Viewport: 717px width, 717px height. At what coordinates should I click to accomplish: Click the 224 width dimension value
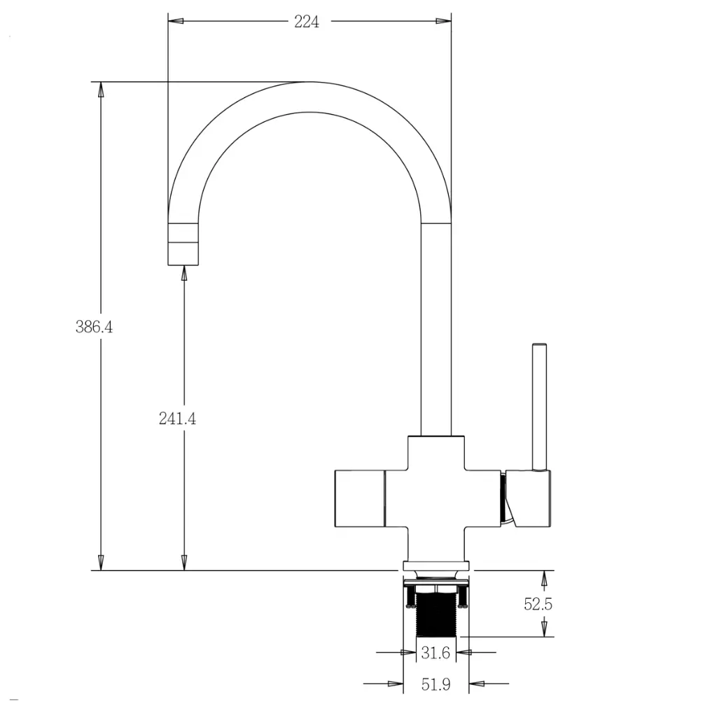point(307,22)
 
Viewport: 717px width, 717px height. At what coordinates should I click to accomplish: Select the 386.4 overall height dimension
point(94,326)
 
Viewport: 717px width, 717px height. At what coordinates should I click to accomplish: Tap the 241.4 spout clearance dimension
point(177,418)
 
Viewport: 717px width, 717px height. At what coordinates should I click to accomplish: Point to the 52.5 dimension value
point(538,604)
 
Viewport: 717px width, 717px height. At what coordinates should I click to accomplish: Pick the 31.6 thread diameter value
point(436,653)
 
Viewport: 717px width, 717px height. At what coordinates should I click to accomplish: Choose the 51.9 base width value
point(436,685)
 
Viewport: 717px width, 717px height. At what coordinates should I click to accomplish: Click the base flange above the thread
point(436,566)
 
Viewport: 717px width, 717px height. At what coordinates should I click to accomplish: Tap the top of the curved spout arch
point(308,96)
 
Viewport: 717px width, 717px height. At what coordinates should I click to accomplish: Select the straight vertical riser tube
point(436,329)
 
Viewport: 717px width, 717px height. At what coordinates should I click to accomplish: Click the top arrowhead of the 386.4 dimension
point(101,89)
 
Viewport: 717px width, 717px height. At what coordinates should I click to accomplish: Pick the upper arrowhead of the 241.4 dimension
point(184,273)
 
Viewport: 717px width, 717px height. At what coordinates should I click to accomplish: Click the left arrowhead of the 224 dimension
point(176,21)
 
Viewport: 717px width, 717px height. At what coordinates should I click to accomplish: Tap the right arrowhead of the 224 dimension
point(443,21)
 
